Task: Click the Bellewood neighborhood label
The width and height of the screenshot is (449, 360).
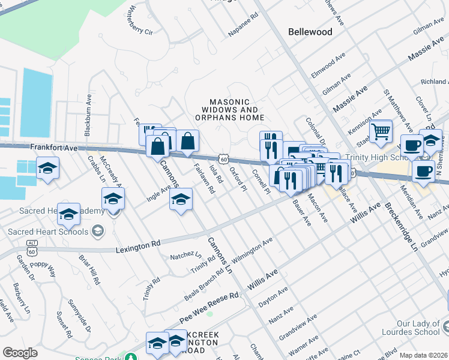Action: (310, 32)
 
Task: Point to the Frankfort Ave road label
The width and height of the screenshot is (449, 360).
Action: (54, 148)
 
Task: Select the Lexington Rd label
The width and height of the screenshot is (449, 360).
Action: (139, 244)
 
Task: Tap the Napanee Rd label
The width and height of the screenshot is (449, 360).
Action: (243, 23)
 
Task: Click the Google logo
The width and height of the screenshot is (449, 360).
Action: (20, 353)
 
